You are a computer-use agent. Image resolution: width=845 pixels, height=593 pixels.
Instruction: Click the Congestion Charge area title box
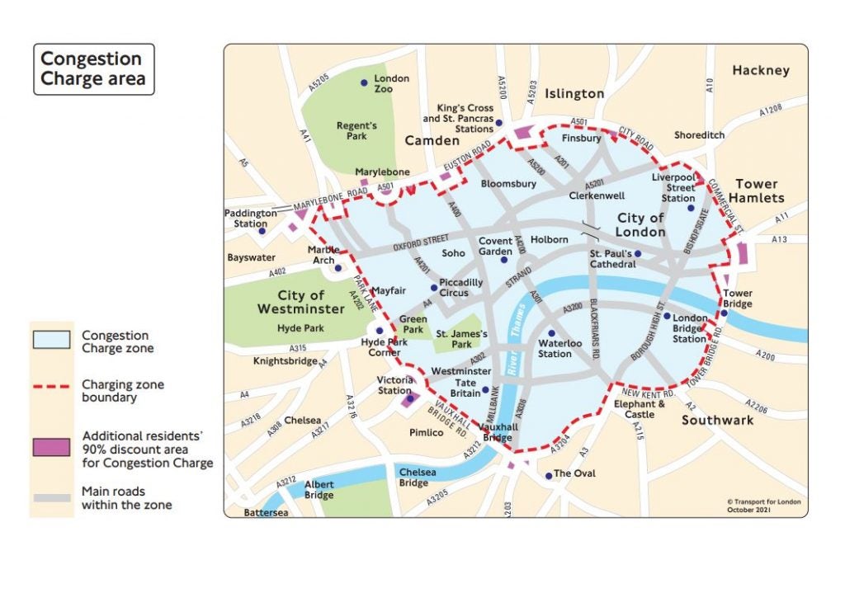point(92,69)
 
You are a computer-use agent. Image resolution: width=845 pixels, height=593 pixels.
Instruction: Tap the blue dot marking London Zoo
point(363,83)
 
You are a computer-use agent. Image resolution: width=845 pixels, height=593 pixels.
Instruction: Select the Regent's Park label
point(356,130)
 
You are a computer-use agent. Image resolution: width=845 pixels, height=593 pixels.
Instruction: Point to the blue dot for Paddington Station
point(262,230)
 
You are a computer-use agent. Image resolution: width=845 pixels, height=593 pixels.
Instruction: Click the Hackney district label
point(760,71)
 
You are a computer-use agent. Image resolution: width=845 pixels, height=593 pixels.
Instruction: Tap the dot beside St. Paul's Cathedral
point(637,253)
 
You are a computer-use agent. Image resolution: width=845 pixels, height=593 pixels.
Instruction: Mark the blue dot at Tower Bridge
point(723,313)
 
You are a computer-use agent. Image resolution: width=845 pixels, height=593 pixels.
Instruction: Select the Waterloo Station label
point(555,348)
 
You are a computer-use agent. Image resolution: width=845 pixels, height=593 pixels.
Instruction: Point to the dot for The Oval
point(549,475)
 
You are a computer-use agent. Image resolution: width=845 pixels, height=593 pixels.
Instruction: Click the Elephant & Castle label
point(640,409)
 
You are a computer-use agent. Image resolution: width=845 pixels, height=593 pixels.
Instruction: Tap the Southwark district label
point(717,421)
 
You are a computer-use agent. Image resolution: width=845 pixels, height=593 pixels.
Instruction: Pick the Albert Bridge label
point(319,490)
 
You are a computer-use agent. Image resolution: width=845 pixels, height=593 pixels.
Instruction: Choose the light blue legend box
point(51,341)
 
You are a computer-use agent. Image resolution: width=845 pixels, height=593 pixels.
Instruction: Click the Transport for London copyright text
point(762,506)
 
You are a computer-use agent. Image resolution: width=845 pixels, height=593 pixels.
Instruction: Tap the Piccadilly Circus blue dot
point(434,288)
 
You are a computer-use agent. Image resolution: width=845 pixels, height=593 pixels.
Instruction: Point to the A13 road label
point(780,240)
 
